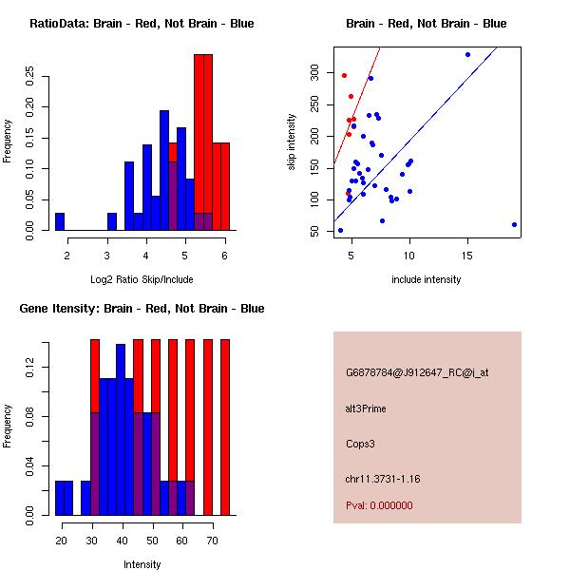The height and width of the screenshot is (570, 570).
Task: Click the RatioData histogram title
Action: pyautogui.click(x=142, y=24)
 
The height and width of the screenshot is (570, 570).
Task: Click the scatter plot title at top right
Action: pyautogui.click(x=427, y=24)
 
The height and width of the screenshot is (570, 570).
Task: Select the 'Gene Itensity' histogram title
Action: pyautogui.click(x=142, y=309)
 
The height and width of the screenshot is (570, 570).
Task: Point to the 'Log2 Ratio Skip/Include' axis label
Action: pyautogui.click(x=142, y=278)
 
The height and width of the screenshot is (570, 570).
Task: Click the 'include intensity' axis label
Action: pyautogui.click(x=427, y=278)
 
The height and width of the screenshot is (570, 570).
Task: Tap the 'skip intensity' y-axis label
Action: pyautogui.click(x=292, y=142)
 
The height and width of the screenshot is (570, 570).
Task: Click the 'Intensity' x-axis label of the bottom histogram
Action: pyautogui.click(x=142, y=563)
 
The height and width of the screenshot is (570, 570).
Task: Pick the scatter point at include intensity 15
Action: pyautogui.click(x=467, y=54)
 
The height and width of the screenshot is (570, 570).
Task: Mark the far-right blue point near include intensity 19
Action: pyautogui.click(x=514, y=225)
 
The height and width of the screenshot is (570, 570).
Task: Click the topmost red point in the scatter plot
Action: pyautogui.click(x=344, y=75)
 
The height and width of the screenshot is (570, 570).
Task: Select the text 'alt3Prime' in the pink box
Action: pyautogui.click(x=366, y=408)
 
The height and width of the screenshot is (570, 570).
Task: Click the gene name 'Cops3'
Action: pyautogui.click(x=360, y=443)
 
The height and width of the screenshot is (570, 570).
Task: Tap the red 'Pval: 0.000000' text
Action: pyautogui.click(x=379, y=505)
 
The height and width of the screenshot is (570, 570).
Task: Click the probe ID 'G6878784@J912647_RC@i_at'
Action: pyautogui.click(x=417, y=373)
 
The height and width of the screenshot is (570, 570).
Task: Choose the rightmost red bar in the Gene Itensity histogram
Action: pyautogui.click(x=225, y=427)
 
